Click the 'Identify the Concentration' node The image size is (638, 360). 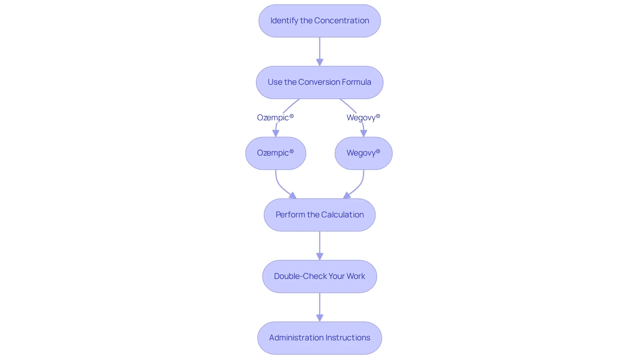point(320,21)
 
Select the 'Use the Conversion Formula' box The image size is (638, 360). point(320,82)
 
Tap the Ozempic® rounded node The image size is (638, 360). point(276,153)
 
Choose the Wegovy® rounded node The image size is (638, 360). point(364,153)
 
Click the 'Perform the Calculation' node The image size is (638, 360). point(320,215)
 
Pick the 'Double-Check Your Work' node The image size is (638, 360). point(320,276)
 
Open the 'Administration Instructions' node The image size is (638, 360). point(320,338)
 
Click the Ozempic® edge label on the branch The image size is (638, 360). point(275,117)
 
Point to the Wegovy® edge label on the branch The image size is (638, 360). point(363,117)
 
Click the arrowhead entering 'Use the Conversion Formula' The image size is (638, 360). point(320,62)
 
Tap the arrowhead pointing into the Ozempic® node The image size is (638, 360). point(276,134)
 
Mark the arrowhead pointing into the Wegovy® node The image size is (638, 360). point(364,134)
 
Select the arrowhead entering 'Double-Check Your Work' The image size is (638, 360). point(320,257)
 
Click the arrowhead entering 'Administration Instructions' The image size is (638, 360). point(320,318)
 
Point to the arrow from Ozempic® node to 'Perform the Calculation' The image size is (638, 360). point(280,187)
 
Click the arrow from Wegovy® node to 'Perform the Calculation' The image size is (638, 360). point(359,187)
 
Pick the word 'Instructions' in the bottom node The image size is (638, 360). point(348,338)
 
